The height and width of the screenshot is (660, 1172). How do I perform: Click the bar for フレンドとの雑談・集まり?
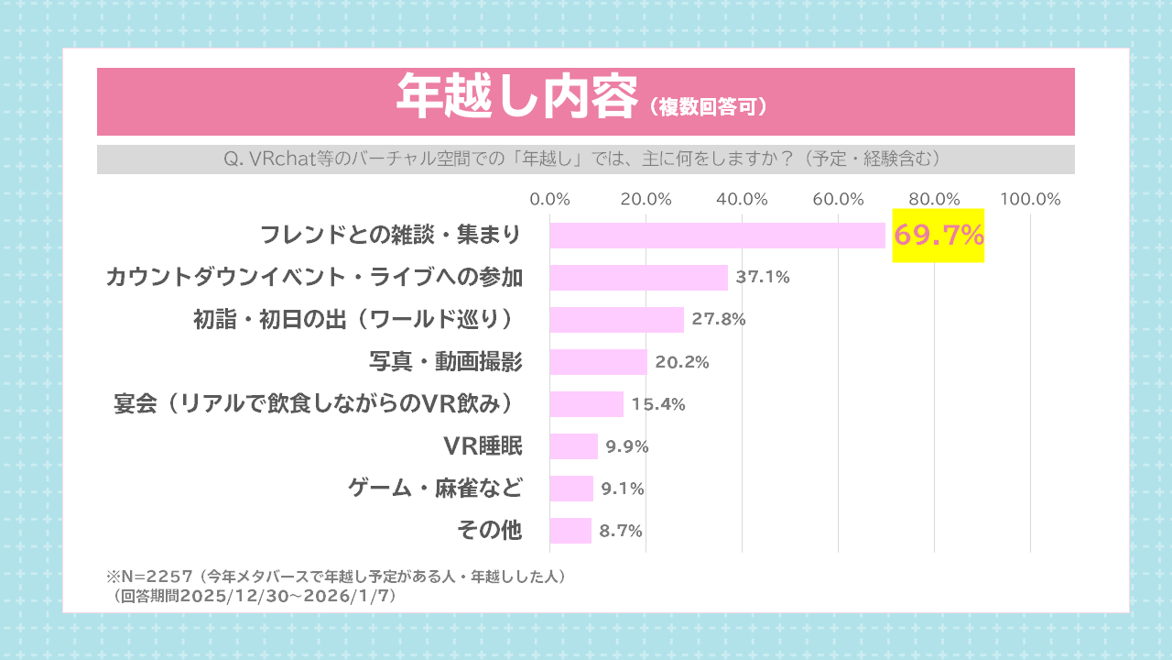[717, 236]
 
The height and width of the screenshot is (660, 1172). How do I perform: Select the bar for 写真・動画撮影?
[598, 362]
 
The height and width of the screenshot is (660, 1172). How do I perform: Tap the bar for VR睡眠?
[573, 446]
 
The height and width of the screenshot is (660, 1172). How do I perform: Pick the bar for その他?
[570, 531]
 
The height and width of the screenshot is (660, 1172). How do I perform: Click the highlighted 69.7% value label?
[939, 236]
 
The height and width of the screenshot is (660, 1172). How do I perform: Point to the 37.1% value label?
[763, 278]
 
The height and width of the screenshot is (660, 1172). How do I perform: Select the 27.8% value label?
[719, 320]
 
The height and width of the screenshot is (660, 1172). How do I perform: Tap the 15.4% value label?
[658, 404]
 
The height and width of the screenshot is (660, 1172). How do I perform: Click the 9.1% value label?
[623, 489]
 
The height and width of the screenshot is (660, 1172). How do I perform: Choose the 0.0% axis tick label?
[550, 199]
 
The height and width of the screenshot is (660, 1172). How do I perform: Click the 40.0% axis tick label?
[742, 199]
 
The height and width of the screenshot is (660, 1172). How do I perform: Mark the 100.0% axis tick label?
[1030, 199]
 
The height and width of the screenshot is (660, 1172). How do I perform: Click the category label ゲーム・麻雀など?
[435, 489]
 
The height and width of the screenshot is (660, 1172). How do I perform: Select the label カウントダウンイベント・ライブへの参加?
[314, 278]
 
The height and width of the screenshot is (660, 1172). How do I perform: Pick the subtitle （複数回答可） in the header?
[708, 107]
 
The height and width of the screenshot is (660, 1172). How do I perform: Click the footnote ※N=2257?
[149, 577]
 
